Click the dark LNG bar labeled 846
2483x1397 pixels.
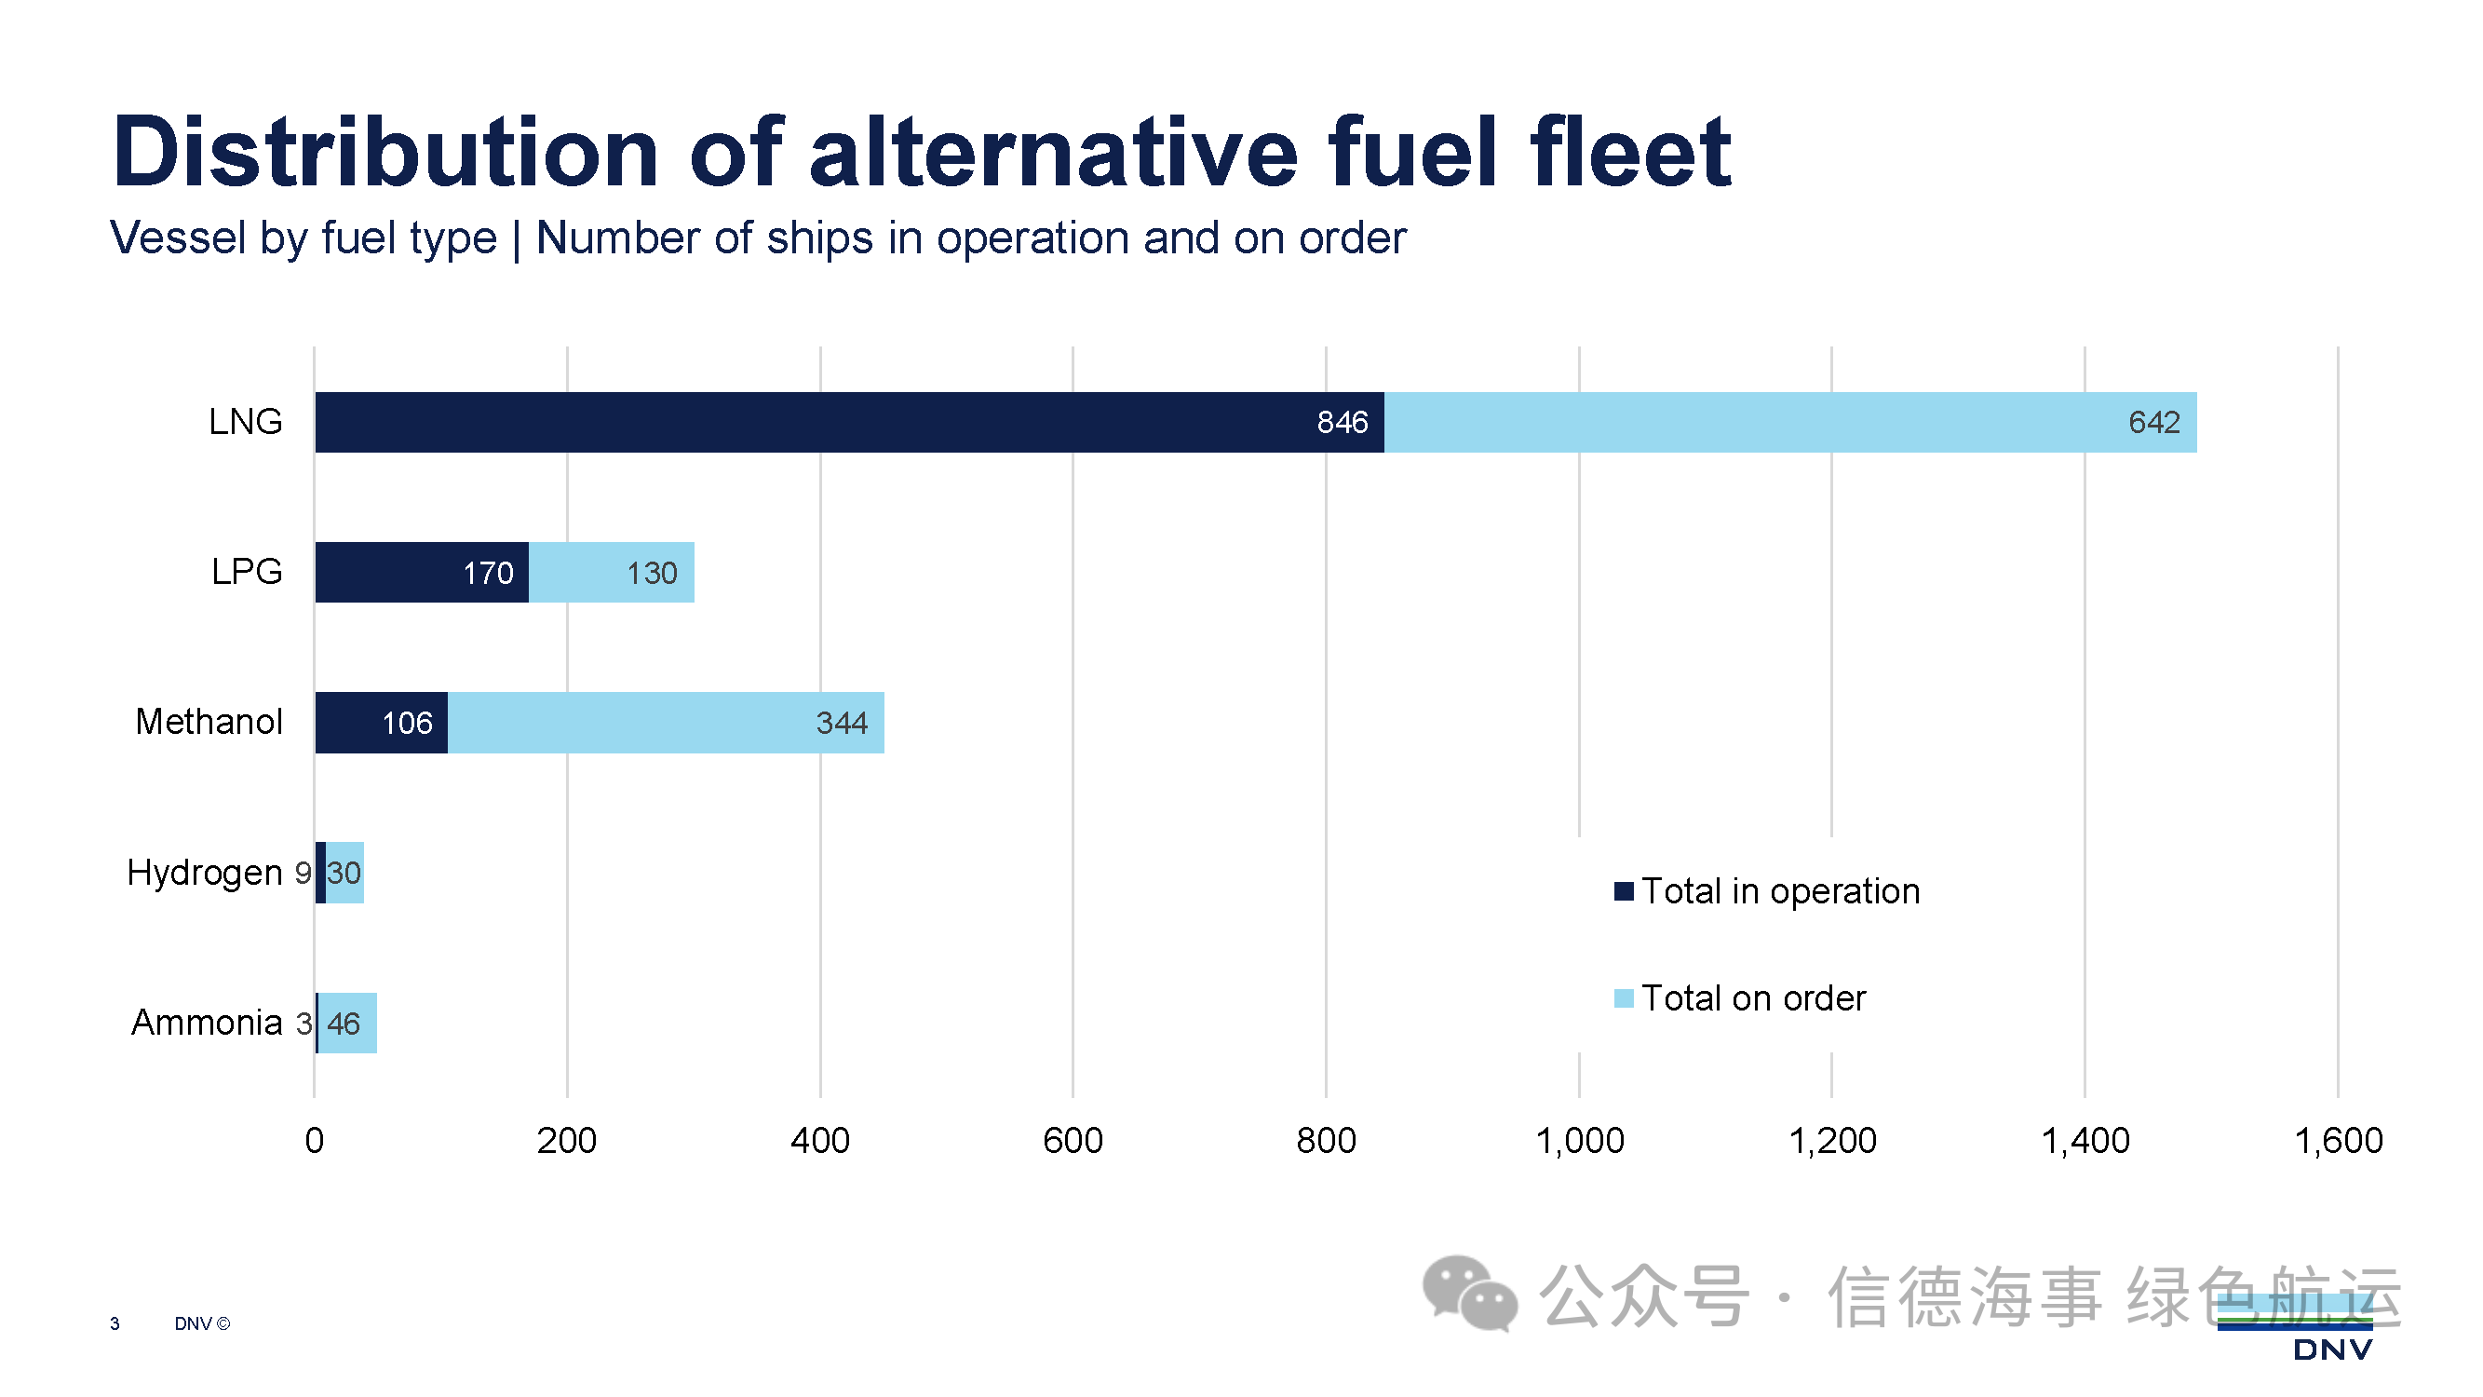[x=848, y=422]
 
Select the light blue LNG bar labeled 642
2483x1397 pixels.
[x=1790, y=422]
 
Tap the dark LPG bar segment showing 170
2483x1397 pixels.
[x=421, y=573]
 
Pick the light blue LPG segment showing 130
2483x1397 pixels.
[x=611, y=573]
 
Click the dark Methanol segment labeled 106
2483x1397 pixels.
[x=381, y=723]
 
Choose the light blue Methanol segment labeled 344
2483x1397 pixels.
[x=665, y=723]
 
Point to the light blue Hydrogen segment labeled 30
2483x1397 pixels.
[x=344, y=874]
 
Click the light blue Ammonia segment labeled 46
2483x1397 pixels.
[x=347, y=1024]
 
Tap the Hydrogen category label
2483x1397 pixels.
[x=204, y=874]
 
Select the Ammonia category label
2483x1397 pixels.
[x=207, y=1023]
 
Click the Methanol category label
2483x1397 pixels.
[x=209, y=722]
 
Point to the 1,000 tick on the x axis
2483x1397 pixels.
[x=1579, y=1142]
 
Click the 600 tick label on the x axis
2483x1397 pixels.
[x=1073, y=1142]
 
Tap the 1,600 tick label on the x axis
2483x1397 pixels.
[x=2338, y=1142]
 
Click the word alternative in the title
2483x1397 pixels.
[x=1055, y=153]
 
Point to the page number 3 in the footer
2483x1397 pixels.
[x=115, y=1324]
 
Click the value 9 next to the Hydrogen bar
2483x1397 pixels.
[x=303, y=874]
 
